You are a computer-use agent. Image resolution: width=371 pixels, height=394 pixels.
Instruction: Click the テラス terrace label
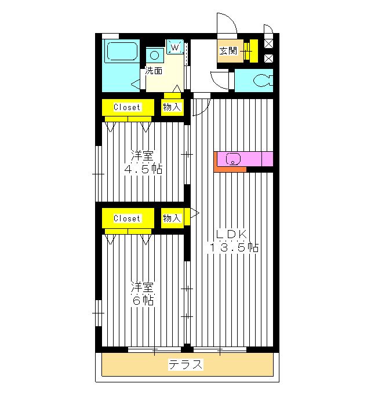[186, 365]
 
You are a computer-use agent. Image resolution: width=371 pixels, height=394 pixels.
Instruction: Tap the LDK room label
[232, 235]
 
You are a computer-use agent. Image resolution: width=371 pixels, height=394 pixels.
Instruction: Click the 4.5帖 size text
[142, 170]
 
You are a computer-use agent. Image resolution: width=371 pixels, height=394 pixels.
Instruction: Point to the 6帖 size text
[142, 301]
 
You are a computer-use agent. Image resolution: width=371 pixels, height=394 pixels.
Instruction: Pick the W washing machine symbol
[174, 47]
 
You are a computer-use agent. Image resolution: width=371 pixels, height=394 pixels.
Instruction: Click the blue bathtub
[121, 54]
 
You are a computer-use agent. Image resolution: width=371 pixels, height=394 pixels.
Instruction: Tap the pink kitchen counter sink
[233, 158]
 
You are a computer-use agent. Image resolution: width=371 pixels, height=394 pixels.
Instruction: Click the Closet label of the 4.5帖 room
[127, 107]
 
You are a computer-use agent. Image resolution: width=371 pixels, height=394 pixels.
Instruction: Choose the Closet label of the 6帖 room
[127, 218]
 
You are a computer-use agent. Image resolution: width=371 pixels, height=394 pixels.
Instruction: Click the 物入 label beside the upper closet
[172, 107]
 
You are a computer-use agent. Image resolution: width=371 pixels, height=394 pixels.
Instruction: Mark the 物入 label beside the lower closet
[172, 218]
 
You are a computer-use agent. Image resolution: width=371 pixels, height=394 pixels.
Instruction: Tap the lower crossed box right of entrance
[268, 58]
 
